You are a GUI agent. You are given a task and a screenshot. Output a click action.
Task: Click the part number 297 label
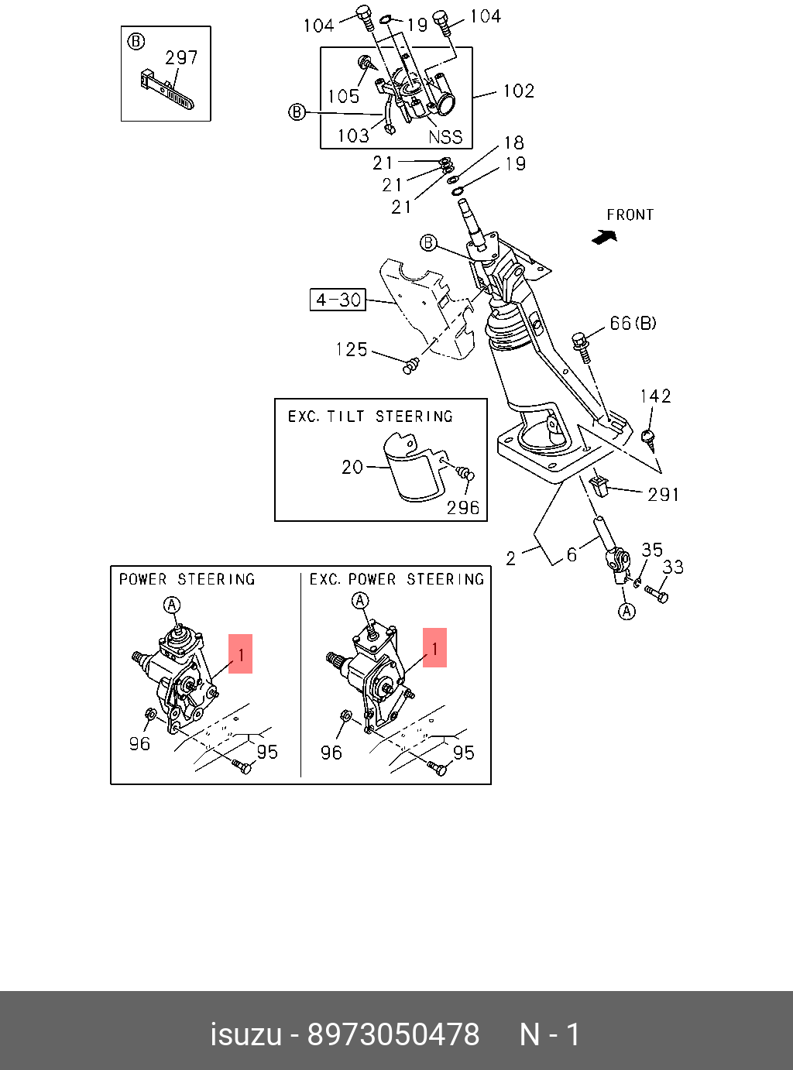click(x=181, y=58)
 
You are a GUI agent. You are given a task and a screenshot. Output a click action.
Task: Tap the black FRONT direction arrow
click(x=604, y=238)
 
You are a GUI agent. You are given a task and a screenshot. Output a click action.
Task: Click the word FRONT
click(x=630, y=214)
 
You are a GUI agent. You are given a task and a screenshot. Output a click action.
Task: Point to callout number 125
click(x=351, y=350)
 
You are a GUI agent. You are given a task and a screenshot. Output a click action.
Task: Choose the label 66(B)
click(x=633, y=323)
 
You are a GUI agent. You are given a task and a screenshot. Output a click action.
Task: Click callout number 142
click(x=655, y=396)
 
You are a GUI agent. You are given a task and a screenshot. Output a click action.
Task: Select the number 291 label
click(x=664, y=494)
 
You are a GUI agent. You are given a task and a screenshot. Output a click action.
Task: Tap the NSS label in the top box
click(x=445, y=137)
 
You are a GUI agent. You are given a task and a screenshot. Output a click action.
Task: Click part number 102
click(x=518, y=91)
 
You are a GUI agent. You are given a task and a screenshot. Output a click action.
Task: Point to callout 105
click(x=343, y=96)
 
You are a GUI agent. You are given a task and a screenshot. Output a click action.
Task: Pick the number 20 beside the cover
click(x=352, y=467)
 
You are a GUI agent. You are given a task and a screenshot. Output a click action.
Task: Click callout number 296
click(x=463, y=508)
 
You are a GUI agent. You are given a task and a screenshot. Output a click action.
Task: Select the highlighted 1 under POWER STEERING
click(x=241, y=654)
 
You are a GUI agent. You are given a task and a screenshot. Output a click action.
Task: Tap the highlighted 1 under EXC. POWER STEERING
click(x=434, y=647)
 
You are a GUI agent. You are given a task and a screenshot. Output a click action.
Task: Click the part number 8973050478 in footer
click(x=393, y=1034)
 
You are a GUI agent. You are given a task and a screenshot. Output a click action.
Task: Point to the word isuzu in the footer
click(x=245, y=1034)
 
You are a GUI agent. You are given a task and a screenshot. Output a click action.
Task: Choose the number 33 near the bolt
click(x=673, y=568)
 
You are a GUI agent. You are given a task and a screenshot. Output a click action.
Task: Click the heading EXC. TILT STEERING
click(x=370, y=417)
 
